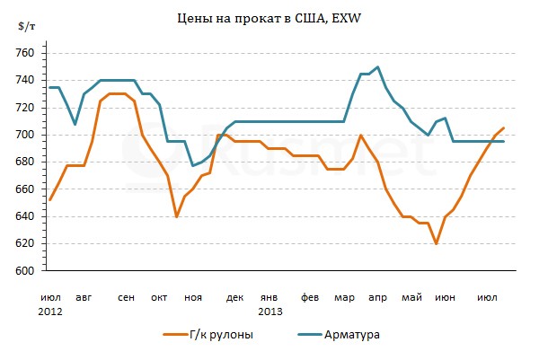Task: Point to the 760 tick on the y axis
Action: pyautogui.click(x=25, y=54)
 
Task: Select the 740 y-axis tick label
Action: pyautogui.click(x=25, y=81)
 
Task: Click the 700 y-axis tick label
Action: pyautogui.click(x=25, y=135)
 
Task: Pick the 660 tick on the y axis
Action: pyautogui.click(x=25, y=189)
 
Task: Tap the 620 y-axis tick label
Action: pyautogui.click(x=25, y=243)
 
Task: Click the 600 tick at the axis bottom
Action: pyautogui.click(x=25, y=270)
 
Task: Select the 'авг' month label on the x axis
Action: pyautogui.click(x=84, y=296)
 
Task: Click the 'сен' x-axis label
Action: pyautogui.click(x=126, y=296)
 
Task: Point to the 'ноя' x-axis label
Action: pyautogui.click(x=193, y=296)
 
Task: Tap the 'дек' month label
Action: pyautogui.click(x=234, y=296)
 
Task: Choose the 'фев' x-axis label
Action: pyautogui.click(x=309, y=296)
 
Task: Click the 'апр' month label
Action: pyautogui.click(x=377, y=296)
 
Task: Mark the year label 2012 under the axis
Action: pyautogui.click(x=50, y=311)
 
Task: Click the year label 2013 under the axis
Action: pyautogui.click(x=270, y=311)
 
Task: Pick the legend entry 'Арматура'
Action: pyautogui.click(x=354, y=335)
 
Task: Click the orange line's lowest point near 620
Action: pyautogui.click(x=436, y=243)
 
